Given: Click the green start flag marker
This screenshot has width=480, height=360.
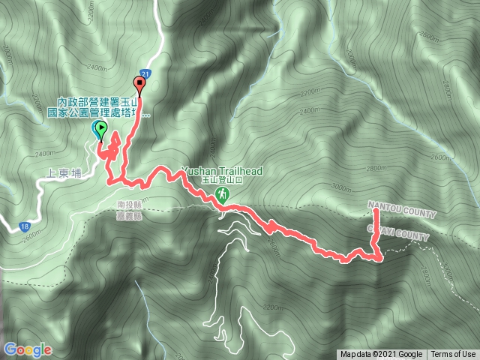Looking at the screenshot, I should coord(100,129).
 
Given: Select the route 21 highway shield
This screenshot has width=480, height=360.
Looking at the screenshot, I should coord(145,73).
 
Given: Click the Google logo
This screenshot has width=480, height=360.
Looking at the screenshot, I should coord(28,349).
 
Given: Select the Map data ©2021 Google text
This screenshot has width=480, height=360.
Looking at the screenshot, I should coord(381,355).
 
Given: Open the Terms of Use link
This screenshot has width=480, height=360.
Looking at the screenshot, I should coord(453,355).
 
